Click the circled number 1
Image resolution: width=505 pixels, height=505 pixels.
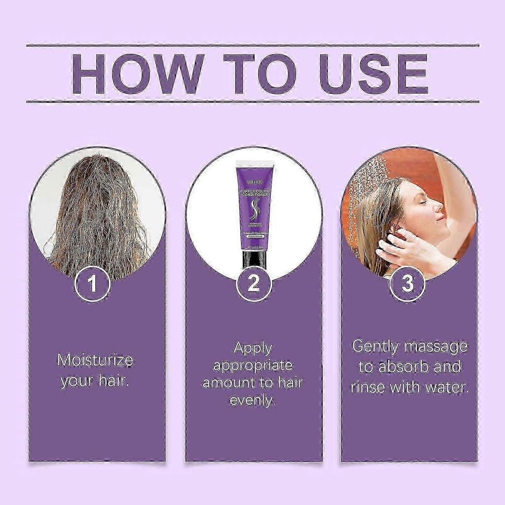[x=92, y=284]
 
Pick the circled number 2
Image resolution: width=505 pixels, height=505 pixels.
[x=253, y=284]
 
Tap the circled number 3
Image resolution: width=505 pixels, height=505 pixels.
[x=407, y=284]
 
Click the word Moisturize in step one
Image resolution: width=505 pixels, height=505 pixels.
[x=95, y=360]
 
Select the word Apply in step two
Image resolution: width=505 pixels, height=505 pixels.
[x=253, y=348]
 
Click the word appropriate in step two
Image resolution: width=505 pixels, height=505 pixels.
[x=253, y=365]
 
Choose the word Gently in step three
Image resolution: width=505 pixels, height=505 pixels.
[x=375, y=347]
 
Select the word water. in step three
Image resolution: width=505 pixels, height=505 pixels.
[x=447, y=387]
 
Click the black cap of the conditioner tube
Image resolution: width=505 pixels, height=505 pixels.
[x=254, y=259]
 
